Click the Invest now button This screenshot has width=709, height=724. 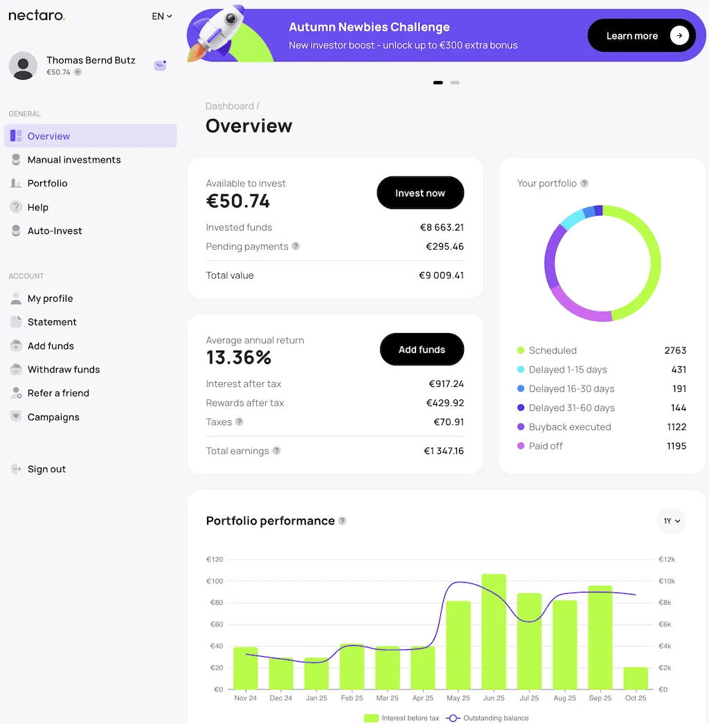point(420,193)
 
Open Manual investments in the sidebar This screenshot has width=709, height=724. point(74,160)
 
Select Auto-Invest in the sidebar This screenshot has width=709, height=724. point(55,231)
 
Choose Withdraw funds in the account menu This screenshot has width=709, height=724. point(64,370)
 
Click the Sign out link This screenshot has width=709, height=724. point(46,469)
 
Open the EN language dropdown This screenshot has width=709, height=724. point(162,16)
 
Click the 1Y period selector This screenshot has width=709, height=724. point(672,521)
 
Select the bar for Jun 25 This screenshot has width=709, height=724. point(494,631)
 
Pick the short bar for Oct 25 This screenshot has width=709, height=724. point(635,678)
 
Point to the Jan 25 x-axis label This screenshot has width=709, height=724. point(316,698)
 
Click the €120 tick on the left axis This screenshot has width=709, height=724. point(214,559)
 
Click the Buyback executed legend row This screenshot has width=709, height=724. point(569,427)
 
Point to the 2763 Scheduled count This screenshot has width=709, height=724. point(675,351)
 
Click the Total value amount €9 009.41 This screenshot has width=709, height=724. point(441,275)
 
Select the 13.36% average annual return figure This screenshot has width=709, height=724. point(239,358)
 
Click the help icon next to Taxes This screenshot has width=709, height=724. point(240,422)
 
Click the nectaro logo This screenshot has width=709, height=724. point(37,16)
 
